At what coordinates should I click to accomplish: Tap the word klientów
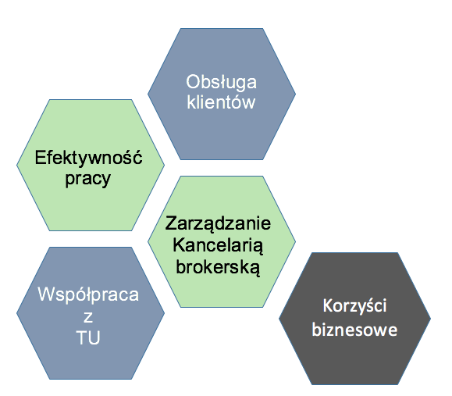[221, 102]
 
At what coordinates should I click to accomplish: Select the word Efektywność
[88, 157]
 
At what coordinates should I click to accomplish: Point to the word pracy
[88, 180]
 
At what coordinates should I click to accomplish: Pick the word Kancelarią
[218, 246]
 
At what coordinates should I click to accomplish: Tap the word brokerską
[218, 267]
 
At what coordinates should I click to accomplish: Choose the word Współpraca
[88, 295]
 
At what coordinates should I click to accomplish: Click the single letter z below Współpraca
[88, 317]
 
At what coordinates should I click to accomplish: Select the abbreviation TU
[88, 337]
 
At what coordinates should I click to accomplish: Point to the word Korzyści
[354, 305]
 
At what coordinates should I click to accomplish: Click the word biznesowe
[354, 329]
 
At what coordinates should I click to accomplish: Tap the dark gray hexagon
[354, 319]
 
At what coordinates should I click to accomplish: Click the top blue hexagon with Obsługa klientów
[222, 94]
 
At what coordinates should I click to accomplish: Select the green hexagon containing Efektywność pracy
[91, 165]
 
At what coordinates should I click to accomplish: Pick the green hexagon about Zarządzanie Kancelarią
[222, 241]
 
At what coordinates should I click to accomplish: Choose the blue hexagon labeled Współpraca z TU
[91, 313]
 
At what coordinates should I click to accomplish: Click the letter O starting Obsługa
[193, 82]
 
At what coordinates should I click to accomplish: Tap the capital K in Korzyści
[327, 305]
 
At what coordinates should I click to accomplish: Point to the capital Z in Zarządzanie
[171, 223]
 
